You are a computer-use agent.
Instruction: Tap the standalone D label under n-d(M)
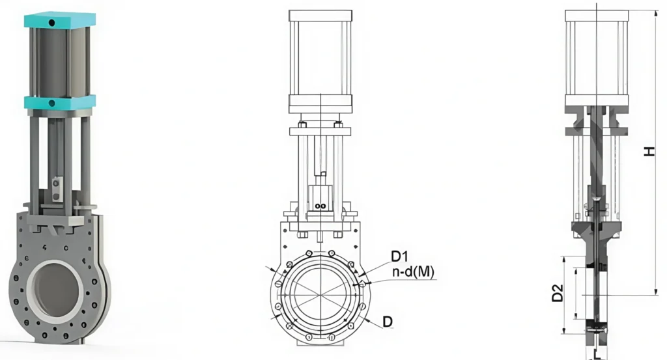(x=388, y=321)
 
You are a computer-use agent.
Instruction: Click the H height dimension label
(x=649, y=150)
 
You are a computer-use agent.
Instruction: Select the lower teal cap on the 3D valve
(x=59, y=102)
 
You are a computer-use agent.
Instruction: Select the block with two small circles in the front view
(x=320, y=198)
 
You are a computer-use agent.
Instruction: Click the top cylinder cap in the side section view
(x=597, y=16)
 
